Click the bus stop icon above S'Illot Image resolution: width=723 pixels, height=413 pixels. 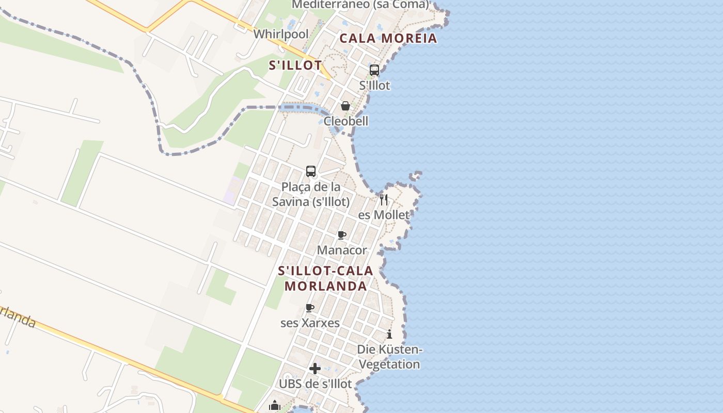point(374,70)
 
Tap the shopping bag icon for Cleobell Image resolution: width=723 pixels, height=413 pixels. point(345,106)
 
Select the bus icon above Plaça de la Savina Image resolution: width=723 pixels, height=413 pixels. point(311,171)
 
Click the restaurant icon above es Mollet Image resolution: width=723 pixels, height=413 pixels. point(384,199)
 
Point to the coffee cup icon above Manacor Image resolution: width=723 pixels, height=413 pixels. point(342,235)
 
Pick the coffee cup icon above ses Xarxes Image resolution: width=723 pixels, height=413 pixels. point(310,308)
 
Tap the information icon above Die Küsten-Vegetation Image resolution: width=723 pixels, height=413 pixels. point(389,334)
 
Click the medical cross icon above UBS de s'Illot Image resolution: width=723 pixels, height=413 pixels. point(315,369)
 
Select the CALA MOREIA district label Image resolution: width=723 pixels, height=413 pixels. point(388,38)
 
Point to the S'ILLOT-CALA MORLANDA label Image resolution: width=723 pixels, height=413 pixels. point(326,278)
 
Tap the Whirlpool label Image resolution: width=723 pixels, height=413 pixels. point(281,34)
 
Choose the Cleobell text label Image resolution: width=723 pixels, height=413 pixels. point(346,121)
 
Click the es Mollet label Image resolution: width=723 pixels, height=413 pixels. point(384,215)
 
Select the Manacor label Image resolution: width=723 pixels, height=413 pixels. point(342,250)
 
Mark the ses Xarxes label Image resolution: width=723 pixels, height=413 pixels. point(310,323)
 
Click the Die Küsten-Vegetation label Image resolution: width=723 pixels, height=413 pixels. point(389,357)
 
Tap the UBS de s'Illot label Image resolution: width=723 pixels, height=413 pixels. point(315,384)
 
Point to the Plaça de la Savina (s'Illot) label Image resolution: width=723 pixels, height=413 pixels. point(311,194)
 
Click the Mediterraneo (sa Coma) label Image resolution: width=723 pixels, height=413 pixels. point(360,5)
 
